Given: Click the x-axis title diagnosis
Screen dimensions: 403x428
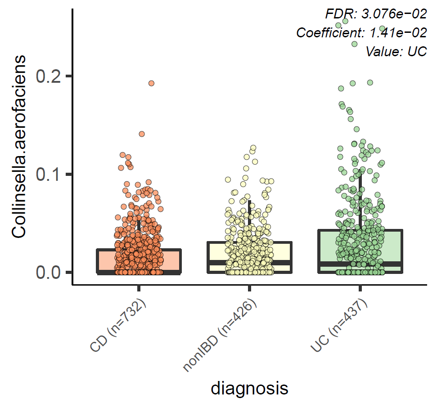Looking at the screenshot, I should (x=249, y=388).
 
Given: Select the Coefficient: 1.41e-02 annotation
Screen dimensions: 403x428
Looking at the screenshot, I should (x=361, y=33).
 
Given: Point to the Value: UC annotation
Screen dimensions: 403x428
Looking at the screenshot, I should (x=396, y=51).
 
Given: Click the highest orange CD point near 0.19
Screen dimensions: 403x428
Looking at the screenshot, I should (x=151, y=83).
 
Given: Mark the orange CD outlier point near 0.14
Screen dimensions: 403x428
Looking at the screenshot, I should (x=142, y=134).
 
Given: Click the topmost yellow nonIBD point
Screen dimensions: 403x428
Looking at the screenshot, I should (x=253, y=148).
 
